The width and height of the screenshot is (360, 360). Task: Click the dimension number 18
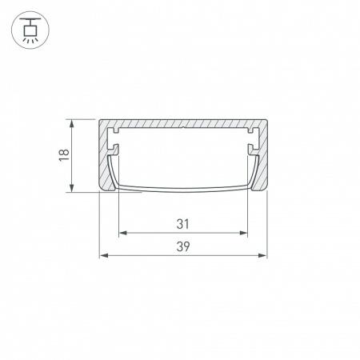[x=65, y=155]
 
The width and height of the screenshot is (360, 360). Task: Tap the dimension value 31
[x=183, y=224]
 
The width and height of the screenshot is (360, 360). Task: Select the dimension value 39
[x=183, y=246]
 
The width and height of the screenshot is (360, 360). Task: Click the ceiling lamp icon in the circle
[x=30, y=30]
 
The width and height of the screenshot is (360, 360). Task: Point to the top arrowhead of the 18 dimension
[x=71, y=123]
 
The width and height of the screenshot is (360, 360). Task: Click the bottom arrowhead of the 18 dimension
[x=71, y=187]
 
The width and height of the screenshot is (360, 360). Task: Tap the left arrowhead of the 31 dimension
[x=122, y=233]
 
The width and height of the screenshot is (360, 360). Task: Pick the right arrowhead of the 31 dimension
[x=243, y=233]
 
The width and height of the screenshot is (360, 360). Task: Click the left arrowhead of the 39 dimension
[x=103, y=256]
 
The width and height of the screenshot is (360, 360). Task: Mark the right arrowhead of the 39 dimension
[x=262, y=256]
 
